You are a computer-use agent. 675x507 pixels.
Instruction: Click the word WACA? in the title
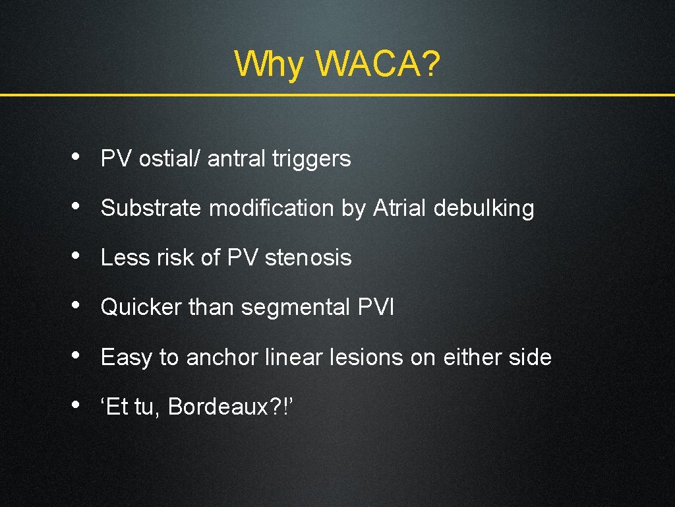pyautogui.click(x=378, y=64)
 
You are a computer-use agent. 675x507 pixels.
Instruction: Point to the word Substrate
pyautogui.click(x=151, y=208)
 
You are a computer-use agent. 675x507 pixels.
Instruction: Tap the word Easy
pyautogui.click(x=127, y=357)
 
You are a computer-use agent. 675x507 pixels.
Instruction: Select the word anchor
pyautogui.click(x=222, y=357)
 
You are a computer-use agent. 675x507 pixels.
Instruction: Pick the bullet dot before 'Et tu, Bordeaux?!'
pyautogui.click(x=78, y=405)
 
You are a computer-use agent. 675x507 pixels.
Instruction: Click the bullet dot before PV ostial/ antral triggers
pyautogui.click(x=78, y=157)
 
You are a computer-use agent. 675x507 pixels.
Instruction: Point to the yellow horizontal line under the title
pyautogui.click(x=337, y=95)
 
